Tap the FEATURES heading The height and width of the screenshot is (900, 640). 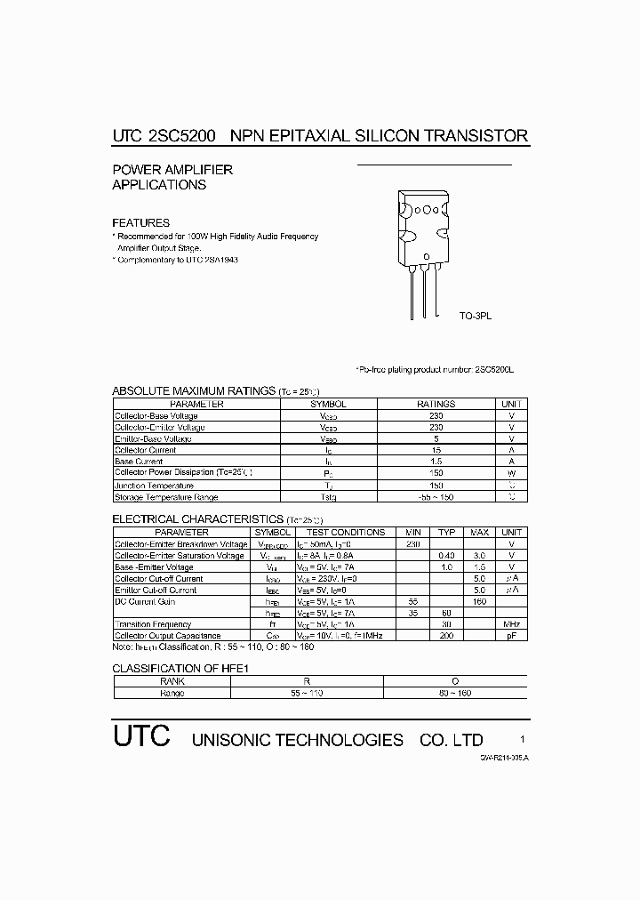pos(140,222)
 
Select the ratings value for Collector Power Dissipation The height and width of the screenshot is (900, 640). pos(436,473)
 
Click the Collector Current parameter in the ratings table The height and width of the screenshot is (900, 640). pos(145,450)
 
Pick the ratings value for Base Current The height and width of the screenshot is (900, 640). pos(436,462)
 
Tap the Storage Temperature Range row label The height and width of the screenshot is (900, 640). pos(166,497)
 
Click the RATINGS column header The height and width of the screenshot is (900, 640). pos(436,404)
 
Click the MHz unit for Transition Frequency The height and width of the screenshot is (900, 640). pos(511,624)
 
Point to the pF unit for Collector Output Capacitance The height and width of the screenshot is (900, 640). pos(511,636)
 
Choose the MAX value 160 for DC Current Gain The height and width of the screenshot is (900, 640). pos(479,601)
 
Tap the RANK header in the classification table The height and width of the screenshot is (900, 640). pos(172,680)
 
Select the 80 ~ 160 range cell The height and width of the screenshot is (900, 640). pos(452,692)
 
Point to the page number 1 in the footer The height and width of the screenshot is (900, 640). pos(523,739)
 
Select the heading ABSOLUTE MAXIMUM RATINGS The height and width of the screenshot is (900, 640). pos(193,390)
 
